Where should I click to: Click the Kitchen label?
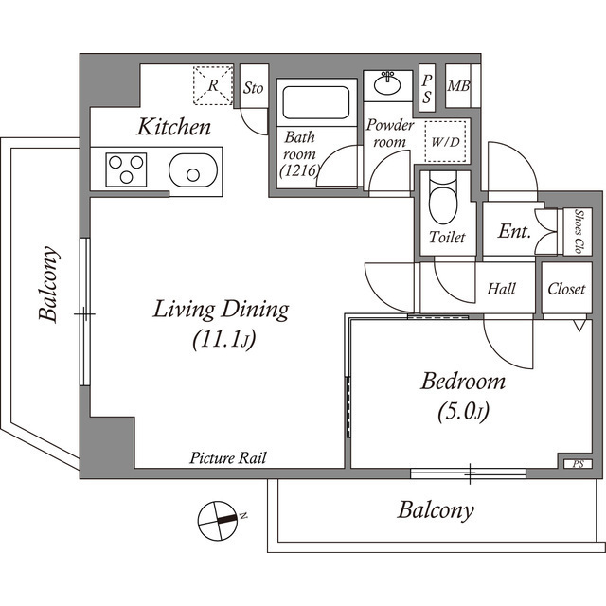(173, 127)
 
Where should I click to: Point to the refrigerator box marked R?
(213, 84)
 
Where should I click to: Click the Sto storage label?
(253, 88)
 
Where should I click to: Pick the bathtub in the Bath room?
(314, 102)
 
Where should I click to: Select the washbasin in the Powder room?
(388, 84)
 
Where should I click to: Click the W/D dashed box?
(445, 143)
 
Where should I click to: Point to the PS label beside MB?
(427, 89)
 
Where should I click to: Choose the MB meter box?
(458, 88)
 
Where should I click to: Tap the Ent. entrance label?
(514, 232)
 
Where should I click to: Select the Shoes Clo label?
(577, 232)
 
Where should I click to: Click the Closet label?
(566, 289)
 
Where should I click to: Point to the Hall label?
(501, 289)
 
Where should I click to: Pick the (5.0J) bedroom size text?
(462, 412)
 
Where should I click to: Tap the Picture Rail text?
(227, 458)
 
